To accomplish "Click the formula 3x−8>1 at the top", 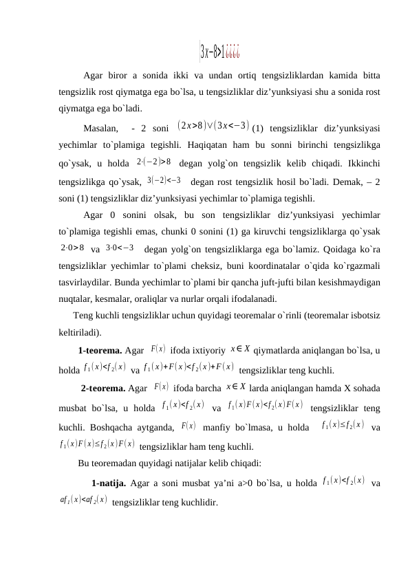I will point(219,50).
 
